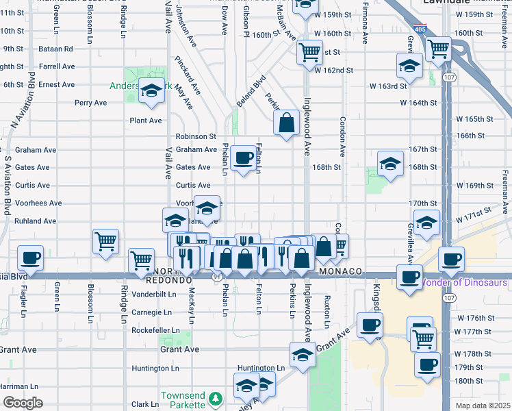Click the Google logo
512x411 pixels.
tap(22, 403)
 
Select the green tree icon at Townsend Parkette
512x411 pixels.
tap(216, 398)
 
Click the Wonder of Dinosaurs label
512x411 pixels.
tap(463, 282)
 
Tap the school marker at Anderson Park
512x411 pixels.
tap(151, 91)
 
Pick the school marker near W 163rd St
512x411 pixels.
tap(409, 66)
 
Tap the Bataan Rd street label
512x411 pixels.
tap(57, 49)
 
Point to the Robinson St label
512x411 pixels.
tap(196, 136)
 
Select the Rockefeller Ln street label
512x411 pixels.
tap(156, 330)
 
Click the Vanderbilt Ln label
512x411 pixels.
tap(156, 294)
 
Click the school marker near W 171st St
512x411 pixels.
tap(427, 223)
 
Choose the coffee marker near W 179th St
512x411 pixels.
tap(427, 364)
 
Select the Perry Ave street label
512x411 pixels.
tap(91, 103)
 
